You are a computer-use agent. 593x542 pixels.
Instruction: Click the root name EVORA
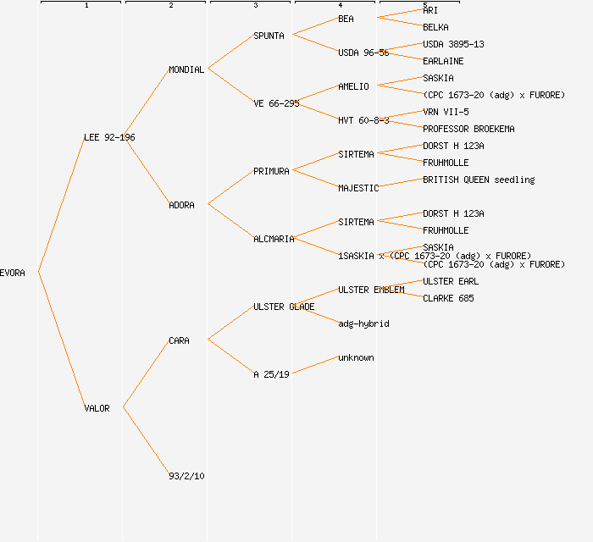pos(13,273)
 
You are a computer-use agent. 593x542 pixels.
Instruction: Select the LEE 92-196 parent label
pos(109,137)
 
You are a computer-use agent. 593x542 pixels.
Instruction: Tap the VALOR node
pos(97,408)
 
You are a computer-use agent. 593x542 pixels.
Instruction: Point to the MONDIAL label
pos(186,69)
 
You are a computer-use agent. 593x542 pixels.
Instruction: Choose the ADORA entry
pos(181,205)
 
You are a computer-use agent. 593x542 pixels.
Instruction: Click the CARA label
pos(179,340)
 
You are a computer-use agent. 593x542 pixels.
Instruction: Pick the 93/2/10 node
pos(186,476)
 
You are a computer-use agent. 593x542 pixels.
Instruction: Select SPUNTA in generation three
pos(269,36)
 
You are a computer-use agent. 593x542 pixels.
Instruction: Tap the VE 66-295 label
pos(276,103)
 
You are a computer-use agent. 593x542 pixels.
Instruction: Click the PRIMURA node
pos(271,171)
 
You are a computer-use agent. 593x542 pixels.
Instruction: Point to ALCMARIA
pos(274,239)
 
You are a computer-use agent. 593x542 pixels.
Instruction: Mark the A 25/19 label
pos(271,374)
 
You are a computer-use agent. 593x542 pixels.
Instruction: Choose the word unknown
pos(356,357)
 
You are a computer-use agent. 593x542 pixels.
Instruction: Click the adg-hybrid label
pos(363,324)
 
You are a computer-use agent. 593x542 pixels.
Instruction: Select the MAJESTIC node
pos(358,188)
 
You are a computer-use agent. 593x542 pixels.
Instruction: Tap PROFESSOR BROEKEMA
pos(468,129)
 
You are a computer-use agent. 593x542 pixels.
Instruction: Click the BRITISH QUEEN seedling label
pos(479,180)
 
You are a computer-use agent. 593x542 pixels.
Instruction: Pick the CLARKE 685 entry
pos(448,298)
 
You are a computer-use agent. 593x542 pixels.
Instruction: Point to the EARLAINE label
pos(443,61)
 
